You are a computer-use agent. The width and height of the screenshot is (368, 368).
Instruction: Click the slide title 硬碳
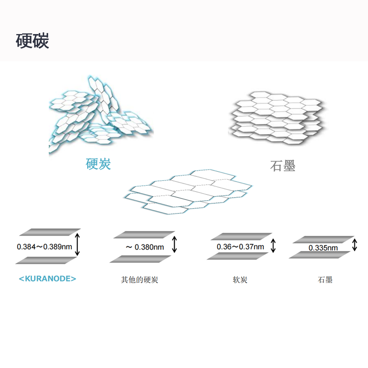click(x=32, y=41)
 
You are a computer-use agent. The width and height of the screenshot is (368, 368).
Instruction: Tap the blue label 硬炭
click(x=98, y=164)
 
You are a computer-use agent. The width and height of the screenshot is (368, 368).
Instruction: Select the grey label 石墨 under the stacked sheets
click(x=282, y=166)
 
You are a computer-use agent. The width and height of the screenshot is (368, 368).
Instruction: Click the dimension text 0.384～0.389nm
click(x=44, y=247)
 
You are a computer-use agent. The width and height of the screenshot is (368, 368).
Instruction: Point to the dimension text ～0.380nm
click(x=144, y=247)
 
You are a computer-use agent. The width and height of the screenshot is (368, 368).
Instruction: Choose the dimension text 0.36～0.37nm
click(x=240, y=247)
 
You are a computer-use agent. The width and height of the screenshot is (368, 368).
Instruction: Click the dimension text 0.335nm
click(x=323, y=248)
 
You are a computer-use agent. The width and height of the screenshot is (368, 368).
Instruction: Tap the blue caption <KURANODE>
click(x=47, y=279)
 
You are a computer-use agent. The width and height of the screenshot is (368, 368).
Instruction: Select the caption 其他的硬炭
click(x=140, y=280)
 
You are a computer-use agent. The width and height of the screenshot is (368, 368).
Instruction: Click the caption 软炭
click(x=240, y=280)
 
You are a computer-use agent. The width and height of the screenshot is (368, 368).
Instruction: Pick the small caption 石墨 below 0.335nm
click(x=325, y=280)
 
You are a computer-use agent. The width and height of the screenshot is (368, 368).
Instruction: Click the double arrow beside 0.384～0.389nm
click(x=77, y=244)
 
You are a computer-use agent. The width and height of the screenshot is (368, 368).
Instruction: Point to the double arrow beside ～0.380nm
click(x=174, y=245)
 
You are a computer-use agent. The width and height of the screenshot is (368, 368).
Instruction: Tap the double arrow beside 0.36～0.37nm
click(x=273, y=245)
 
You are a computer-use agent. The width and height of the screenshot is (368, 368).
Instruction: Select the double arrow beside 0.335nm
click(x=354, y=245)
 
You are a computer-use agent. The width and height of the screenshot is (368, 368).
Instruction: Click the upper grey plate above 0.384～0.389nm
click(x=50, y=232)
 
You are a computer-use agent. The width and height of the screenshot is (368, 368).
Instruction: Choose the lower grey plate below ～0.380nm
click(x=140, y=259)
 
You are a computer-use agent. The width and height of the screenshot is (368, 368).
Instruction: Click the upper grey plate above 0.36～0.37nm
click(x=241, y=236)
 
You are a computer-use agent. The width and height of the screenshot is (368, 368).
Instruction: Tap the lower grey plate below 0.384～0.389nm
click(x=46, y=260)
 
